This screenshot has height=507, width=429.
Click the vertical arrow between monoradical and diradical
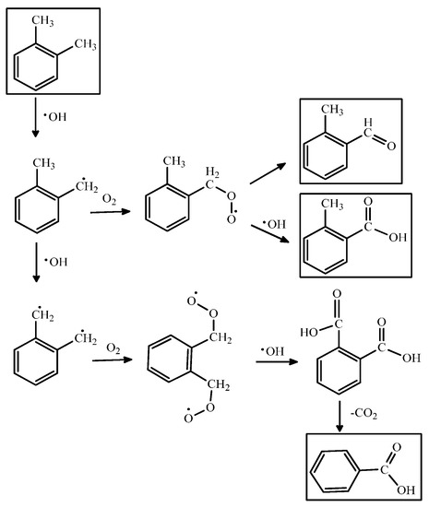pos(33,263)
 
